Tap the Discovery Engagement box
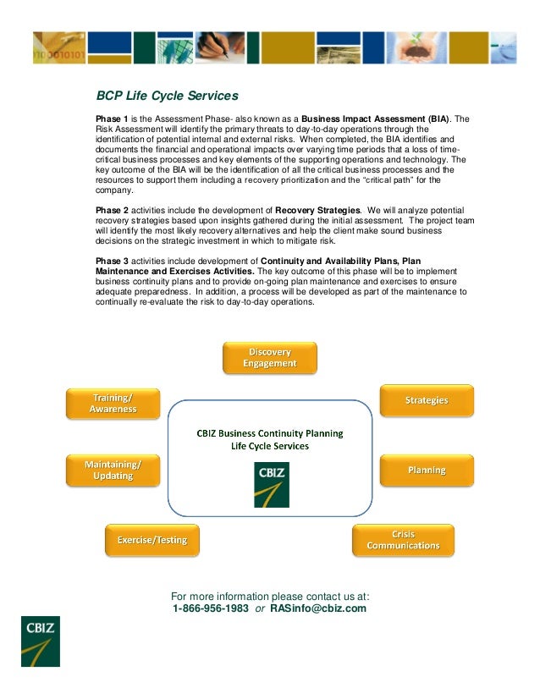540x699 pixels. point(270,357)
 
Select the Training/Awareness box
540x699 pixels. point(113,403)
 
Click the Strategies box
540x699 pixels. point(427,400)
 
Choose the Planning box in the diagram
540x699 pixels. point(427,470)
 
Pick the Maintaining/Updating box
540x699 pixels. point(113,470)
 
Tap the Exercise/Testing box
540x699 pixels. point(152,539)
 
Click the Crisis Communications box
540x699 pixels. point(403,540)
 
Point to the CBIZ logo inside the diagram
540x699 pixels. point(271,484)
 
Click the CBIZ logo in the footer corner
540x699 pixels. point(40,641)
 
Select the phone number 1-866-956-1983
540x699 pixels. point(210,608)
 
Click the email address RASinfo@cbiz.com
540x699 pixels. point(318,608)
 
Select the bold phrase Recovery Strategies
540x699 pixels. point(324,208)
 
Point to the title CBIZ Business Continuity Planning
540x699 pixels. point(270,433)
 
